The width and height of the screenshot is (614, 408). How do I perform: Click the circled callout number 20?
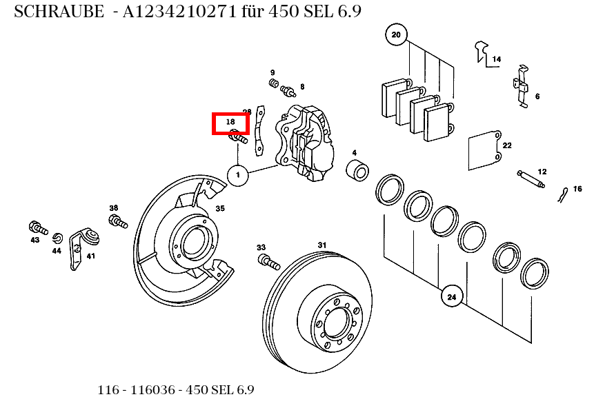[396, 34]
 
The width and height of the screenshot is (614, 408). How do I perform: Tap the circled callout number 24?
[451, 298]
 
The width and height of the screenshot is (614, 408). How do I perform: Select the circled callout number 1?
[237, 176]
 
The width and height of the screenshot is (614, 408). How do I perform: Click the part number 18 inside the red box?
[230, 122]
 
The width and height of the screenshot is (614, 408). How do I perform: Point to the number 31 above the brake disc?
[321, 245]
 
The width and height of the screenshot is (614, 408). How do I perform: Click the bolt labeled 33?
[268, 263]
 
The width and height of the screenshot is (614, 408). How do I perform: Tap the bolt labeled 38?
[118, 222]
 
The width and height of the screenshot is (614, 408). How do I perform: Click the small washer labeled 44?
[58, 238]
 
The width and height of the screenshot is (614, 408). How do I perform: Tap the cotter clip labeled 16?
[564, 196]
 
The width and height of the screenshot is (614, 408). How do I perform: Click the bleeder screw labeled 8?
[288, 90]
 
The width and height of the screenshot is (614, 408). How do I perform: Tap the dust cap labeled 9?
[273, 84]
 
